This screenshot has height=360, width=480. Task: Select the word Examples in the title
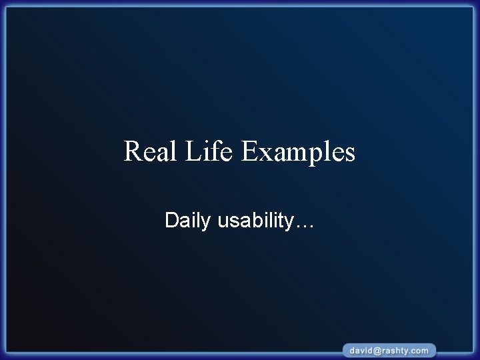point(298,152)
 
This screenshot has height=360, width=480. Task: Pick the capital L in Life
point(194,151)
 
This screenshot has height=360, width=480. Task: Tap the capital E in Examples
point(249,151)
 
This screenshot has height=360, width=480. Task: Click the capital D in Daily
point(171,220)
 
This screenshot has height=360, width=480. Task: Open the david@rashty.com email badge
point(390,350)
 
